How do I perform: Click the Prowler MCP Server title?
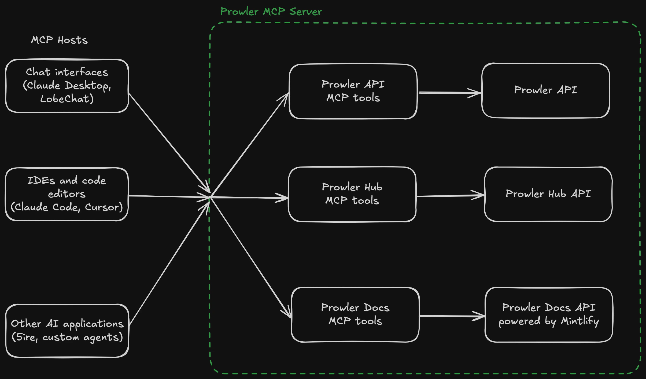271,12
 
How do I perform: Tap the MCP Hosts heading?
59,40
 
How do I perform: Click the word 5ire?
26,337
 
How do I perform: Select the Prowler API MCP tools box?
353,91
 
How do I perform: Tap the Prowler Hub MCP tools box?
352,194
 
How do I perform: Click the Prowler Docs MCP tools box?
355,314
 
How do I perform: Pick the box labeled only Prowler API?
545,90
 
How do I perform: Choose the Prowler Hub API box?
548,194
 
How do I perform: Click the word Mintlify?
580,321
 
